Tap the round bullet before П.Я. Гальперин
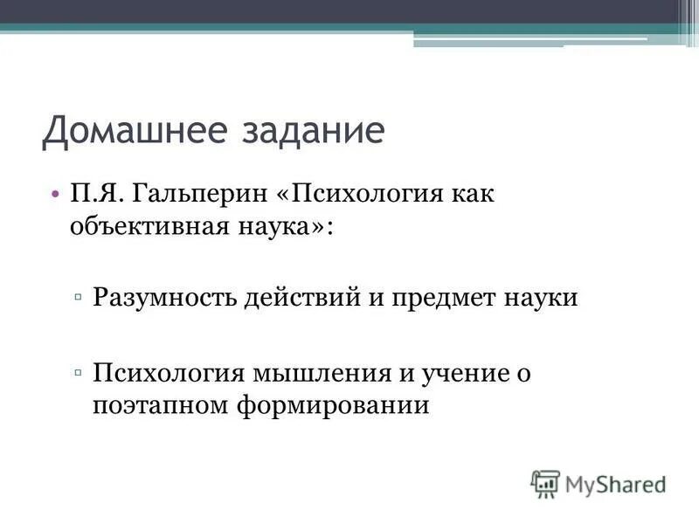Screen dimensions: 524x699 click(x=55, y=193)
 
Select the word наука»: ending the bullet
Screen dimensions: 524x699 click(x=285, y=227)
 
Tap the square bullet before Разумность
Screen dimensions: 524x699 click(x=79, y=298)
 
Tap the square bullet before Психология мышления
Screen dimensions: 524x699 click(x=79, y=373)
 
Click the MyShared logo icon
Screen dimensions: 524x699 click(x=545, y=482)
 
